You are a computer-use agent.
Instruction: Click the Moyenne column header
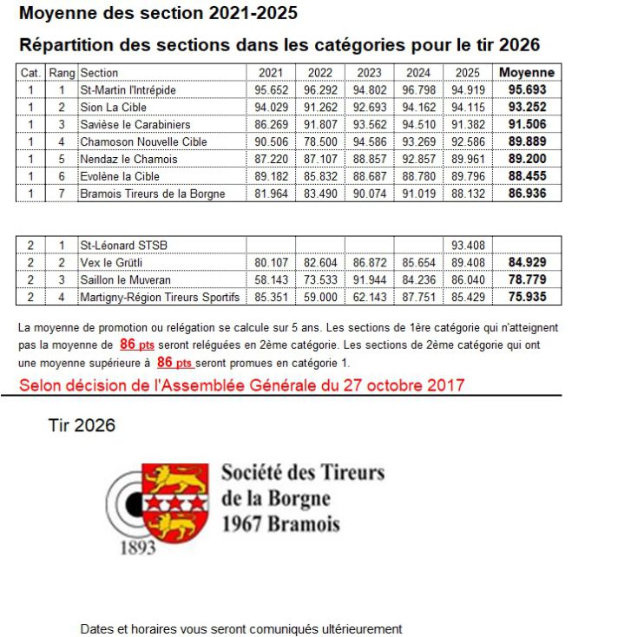[x=527, y=73]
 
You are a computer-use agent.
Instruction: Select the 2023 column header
[x=369, y=73]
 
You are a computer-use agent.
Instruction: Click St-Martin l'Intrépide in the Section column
[x=128, y=89]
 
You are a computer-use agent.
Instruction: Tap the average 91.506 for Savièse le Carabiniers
[x=527, y=124]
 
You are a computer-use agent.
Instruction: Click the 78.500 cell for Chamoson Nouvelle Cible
[x=320, y=141]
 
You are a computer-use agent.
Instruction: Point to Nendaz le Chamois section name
[x=128, y=159]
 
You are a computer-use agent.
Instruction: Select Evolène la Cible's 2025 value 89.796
[x=468, y=176]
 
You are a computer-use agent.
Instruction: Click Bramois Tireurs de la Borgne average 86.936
[x=527, y=194]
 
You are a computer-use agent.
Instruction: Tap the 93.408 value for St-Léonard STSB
[x=468, y=245]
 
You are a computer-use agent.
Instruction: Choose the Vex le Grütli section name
[x=111, y=262]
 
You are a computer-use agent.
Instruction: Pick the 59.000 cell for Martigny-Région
[x=320, y=297]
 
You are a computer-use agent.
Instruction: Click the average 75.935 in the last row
[x=527, y=297]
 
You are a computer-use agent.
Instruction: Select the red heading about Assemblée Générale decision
[x=242, y=384]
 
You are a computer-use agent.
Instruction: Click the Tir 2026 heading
[x=82, y=425]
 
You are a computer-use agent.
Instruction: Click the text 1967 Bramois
[x=280, y=523]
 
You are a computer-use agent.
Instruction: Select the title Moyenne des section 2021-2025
[x=158, y=13]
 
